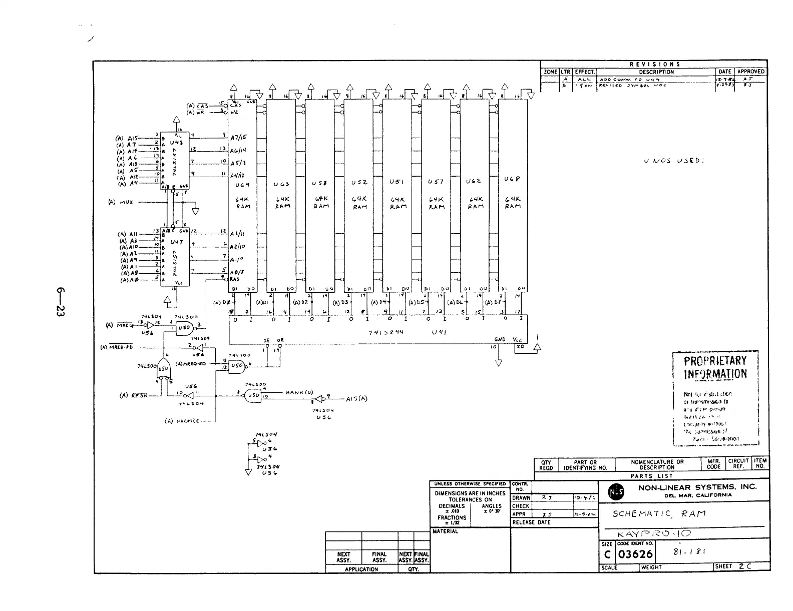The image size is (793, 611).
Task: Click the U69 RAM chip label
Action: pyautogui.click(x=243, y=185)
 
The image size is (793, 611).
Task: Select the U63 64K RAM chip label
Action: pyautogui.click(x=281, y=185)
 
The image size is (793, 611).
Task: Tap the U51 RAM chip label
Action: pyautogui.click(x=398, y=182)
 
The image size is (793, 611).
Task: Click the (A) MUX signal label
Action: pyautogui.click(x=121, y=203)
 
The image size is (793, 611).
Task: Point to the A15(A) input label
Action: pyautogui.click(x=356, y=399)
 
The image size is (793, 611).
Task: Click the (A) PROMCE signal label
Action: pyautogui.click(x=184, y=421)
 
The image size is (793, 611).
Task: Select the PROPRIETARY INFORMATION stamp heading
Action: pyautogui.click(x=715, y=368)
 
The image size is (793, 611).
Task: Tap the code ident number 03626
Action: pyautogui.click(x=636, y=554)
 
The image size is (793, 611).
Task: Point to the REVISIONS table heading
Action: pyautogui.click(x=654, y=64)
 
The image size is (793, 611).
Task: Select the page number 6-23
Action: pyautogui.click(x=61, y=302)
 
